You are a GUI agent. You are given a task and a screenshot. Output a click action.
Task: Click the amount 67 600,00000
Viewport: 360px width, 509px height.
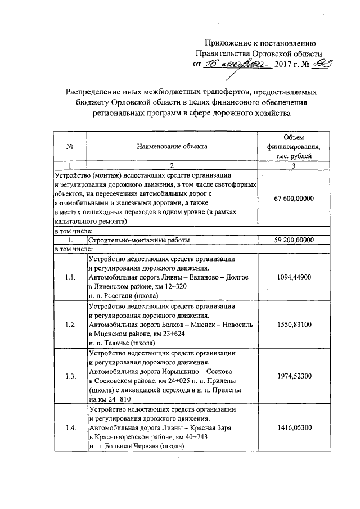(x=294, y=199)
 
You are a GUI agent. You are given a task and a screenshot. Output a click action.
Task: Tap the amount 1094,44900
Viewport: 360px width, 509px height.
(x=294, y=277)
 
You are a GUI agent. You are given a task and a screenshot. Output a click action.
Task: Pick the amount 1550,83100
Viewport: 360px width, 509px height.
(x=294, y=325)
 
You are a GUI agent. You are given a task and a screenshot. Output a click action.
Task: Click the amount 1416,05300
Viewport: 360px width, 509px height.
(x=294, y=428)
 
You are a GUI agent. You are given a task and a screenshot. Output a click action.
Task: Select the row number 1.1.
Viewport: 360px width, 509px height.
(x=70, y=277)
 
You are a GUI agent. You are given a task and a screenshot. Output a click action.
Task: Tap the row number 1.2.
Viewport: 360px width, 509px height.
(x=70, y=325)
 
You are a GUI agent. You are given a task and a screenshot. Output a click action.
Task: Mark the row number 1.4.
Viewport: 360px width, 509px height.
(x=70, y=428)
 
